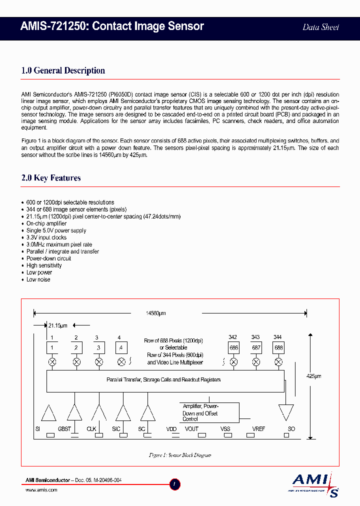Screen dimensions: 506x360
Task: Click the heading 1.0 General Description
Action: (63, 70)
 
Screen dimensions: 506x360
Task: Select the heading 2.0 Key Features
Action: (51, 178)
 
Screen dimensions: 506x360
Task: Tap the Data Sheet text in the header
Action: (320, 27)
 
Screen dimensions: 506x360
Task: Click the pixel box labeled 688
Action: (278, 347)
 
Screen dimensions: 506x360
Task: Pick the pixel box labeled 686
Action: (233, 347)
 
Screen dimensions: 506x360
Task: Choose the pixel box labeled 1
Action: (52, 347)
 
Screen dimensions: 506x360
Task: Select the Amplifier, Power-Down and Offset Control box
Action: (209, 413)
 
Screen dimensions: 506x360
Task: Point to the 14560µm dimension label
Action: (155, 313)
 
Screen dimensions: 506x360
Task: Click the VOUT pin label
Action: (191, 429)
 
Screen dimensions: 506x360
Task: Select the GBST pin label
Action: (64, 429)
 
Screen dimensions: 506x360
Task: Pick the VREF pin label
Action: (258, 429)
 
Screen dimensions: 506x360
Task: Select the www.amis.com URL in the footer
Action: (41, 490)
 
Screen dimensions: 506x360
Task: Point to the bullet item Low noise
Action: (38, 279)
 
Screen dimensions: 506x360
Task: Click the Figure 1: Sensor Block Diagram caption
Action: (180, 455)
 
